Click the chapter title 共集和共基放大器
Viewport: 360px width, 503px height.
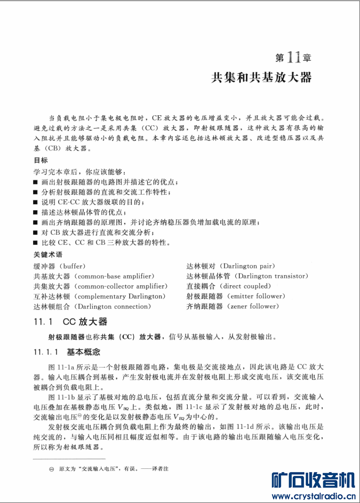(x=261, y=77)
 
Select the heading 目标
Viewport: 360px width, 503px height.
(x=41, y=161)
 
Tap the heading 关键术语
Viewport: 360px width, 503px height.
(x=47, y=254)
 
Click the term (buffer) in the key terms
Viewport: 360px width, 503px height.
(x=73, y=266)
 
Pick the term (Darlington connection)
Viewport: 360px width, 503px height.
(x=113, y=306)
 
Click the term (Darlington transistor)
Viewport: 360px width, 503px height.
(x=270, y=276)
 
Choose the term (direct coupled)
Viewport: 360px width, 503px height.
(x=245, y=286)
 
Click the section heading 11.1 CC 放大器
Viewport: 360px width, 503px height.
(x=70, y=322)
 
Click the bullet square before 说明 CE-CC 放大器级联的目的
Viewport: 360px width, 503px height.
(x=35, y=202)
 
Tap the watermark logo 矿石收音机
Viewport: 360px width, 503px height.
(x=313, y=479)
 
